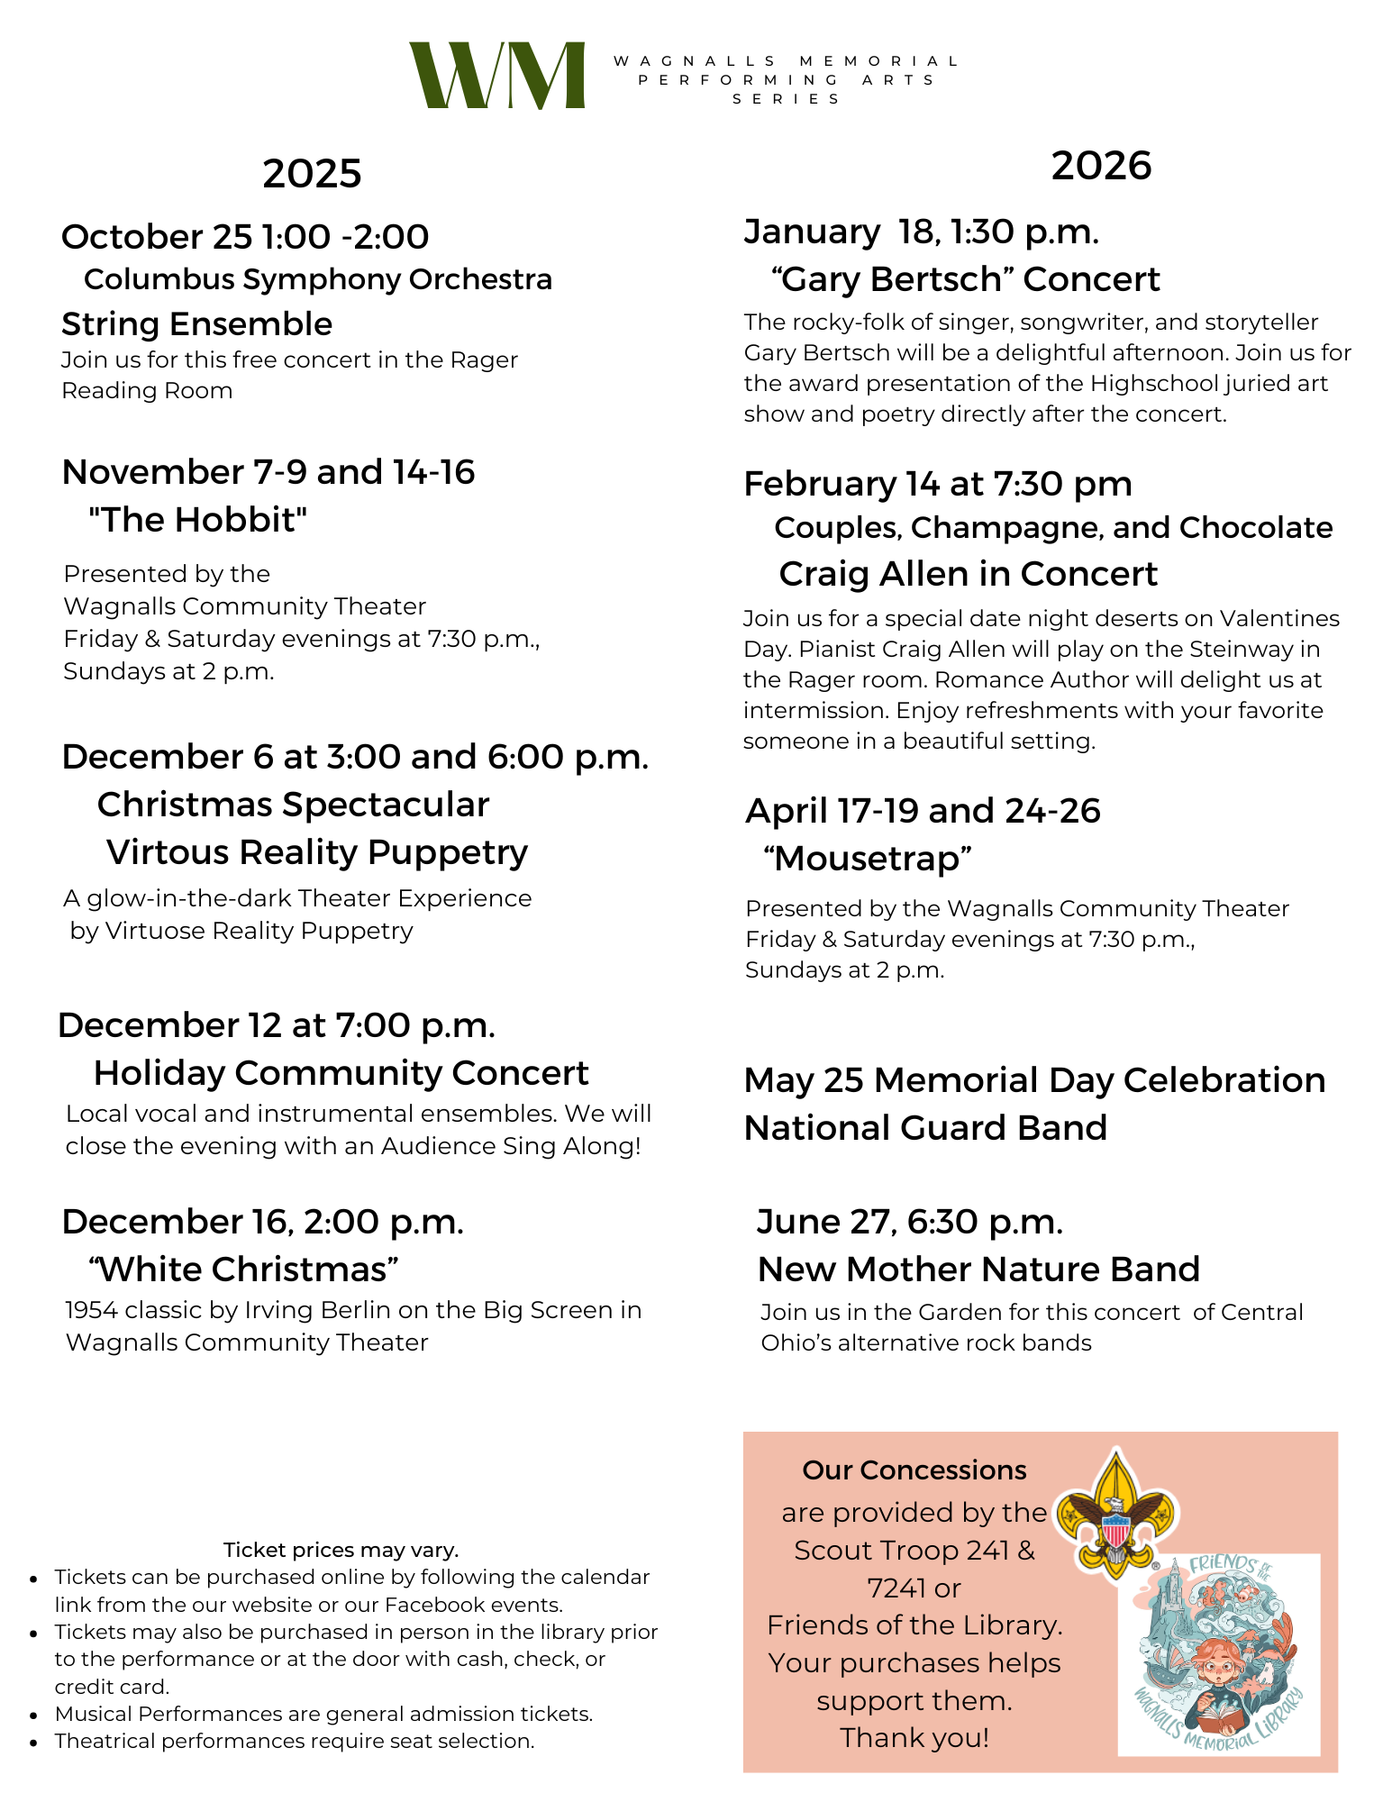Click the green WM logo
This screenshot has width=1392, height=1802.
(496, 76)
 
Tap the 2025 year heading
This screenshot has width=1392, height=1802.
(312, 173)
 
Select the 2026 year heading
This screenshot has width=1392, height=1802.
(1101, 166)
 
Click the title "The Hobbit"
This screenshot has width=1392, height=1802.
(198, 520)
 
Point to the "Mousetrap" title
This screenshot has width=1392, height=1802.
(868, 859)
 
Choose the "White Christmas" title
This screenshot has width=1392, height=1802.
(243, 1270)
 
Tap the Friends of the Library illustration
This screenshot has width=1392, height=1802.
(1218, 1653)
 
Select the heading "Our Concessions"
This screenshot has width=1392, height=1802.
(914, 1470)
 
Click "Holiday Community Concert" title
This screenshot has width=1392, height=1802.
(341, 1073)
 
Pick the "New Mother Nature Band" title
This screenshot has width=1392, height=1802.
(978, 1270)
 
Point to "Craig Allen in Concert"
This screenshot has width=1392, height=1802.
(968, 574)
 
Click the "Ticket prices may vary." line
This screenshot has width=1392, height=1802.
(341, 1550)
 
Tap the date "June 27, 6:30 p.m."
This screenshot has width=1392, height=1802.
(910, 1222)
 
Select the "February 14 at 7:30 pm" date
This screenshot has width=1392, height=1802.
(937, 484)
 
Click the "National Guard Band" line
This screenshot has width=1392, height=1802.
(925, 1128)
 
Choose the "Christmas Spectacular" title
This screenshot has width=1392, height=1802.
(293, 805)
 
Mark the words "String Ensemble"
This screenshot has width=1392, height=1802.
(196, 323)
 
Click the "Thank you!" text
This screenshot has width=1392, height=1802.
(914, 1737)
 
